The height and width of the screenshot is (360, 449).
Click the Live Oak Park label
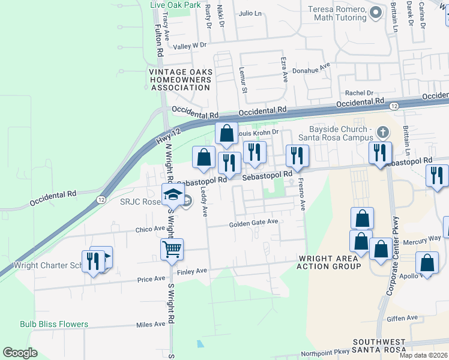point(175,5)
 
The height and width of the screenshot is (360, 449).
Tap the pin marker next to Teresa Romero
point(376,13)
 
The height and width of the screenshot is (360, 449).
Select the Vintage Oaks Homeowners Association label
point(180,80)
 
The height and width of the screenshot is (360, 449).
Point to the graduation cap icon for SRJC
point(173,194)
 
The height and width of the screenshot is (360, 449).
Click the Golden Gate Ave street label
point(254,223)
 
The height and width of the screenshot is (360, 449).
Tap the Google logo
point(20,353)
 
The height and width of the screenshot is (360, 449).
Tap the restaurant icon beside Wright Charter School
point(93,261)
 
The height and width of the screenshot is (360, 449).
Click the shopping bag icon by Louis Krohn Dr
point(226,133)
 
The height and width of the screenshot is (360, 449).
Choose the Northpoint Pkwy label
point(325,353)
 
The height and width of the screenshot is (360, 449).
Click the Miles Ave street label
point(151,325)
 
